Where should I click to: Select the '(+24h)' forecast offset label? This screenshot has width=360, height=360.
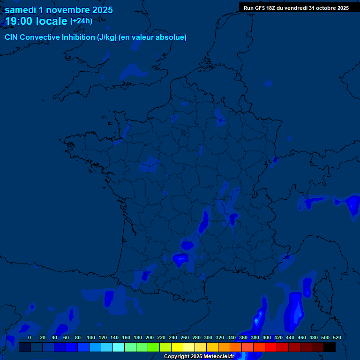click(81, 21)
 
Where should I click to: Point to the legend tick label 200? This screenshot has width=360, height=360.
click(150, 337)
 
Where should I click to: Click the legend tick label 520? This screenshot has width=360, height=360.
click(337, 337)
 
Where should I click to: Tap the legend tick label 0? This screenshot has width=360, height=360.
click(30, 337)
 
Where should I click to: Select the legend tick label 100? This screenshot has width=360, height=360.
click(91, 337)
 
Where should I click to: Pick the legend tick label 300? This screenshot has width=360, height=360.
click(208, 337)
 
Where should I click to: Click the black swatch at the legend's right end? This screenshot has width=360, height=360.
click(330, 347)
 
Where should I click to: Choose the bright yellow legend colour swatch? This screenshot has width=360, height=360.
click(177, 347)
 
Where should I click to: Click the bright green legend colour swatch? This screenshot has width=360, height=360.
click(154, 347)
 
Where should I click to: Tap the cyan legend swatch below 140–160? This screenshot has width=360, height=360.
click(119, 347)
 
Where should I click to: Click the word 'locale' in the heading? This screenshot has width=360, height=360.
click(51, 21)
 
